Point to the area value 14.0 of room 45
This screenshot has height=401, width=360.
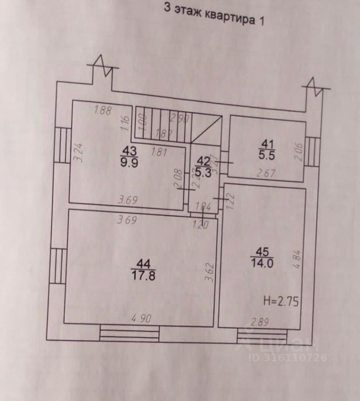(x=262, y=263)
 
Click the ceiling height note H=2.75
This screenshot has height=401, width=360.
(x=281, y=301)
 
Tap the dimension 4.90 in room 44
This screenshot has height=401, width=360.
(x=141, y=319)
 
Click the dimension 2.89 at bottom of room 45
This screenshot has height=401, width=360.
(x=260, y=322)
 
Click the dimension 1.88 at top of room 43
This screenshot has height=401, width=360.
(x=103, y=110)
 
